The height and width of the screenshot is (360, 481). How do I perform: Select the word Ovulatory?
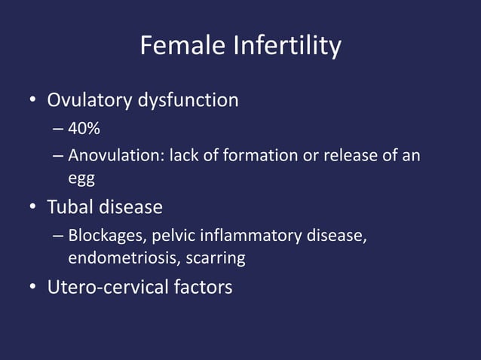coord(90,100)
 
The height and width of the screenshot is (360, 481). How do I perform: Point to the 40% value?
coord(84,130)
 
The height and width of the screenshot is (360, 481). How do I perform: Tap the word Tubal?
coord(72,206)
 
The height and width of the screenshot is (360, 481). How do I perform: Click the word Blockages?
coord(107,236)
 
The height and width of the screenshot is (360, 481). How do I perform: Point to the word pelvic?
coord(173,236)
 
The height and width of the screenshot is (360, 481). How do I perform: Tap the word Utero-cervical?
coord(106,287)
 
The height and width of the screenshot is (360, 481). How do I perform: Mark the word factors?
coord(200,287)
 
